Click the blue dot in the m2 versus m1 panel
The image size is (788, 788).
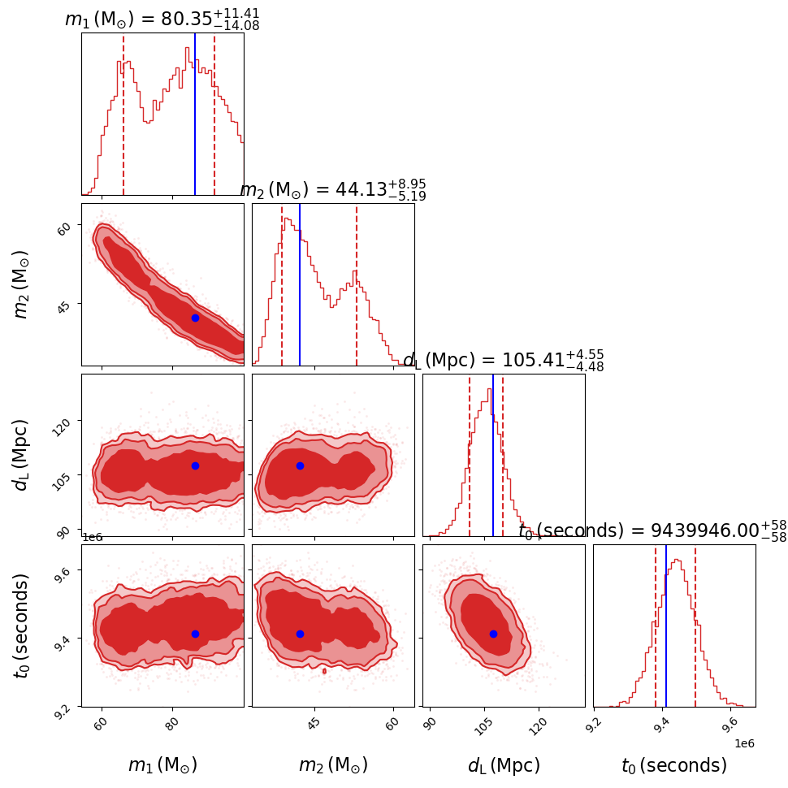[x=195, y=318]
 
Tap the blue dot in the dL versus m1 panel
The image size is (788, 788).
[x=195, y=465]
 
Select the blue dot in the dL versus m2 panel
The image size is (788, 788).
[x=300, y=465]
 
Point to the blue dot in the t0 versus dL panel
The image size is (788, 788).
[x=493, y=634]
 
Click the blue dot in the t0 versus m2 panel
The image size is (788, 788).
[x=300, y=634]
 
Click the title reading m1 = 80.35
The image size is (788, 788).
[x=162, y=19]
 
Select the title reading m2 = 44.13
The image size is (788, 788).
[x=332, y=190]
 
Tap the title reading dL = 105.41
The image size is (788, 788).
[x=503, y=361]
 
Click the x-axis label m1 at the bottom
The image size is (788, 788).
[x=162, y=765]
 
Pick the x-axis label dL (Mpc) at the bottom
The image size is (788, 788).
[x=504, y=765]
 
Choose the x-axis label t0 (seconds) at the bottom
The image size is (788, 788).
[x=674, y=765]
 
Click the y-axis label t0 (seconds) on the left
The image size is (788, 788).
[x=22, y=626]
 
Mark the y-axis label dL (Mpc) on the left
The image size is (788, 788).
[x=22, y=455]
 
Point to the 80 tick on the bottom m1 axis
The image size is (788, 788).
[x=172, y=723]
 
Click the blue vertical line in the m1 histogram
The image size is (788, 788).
[x=195, y=114]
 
